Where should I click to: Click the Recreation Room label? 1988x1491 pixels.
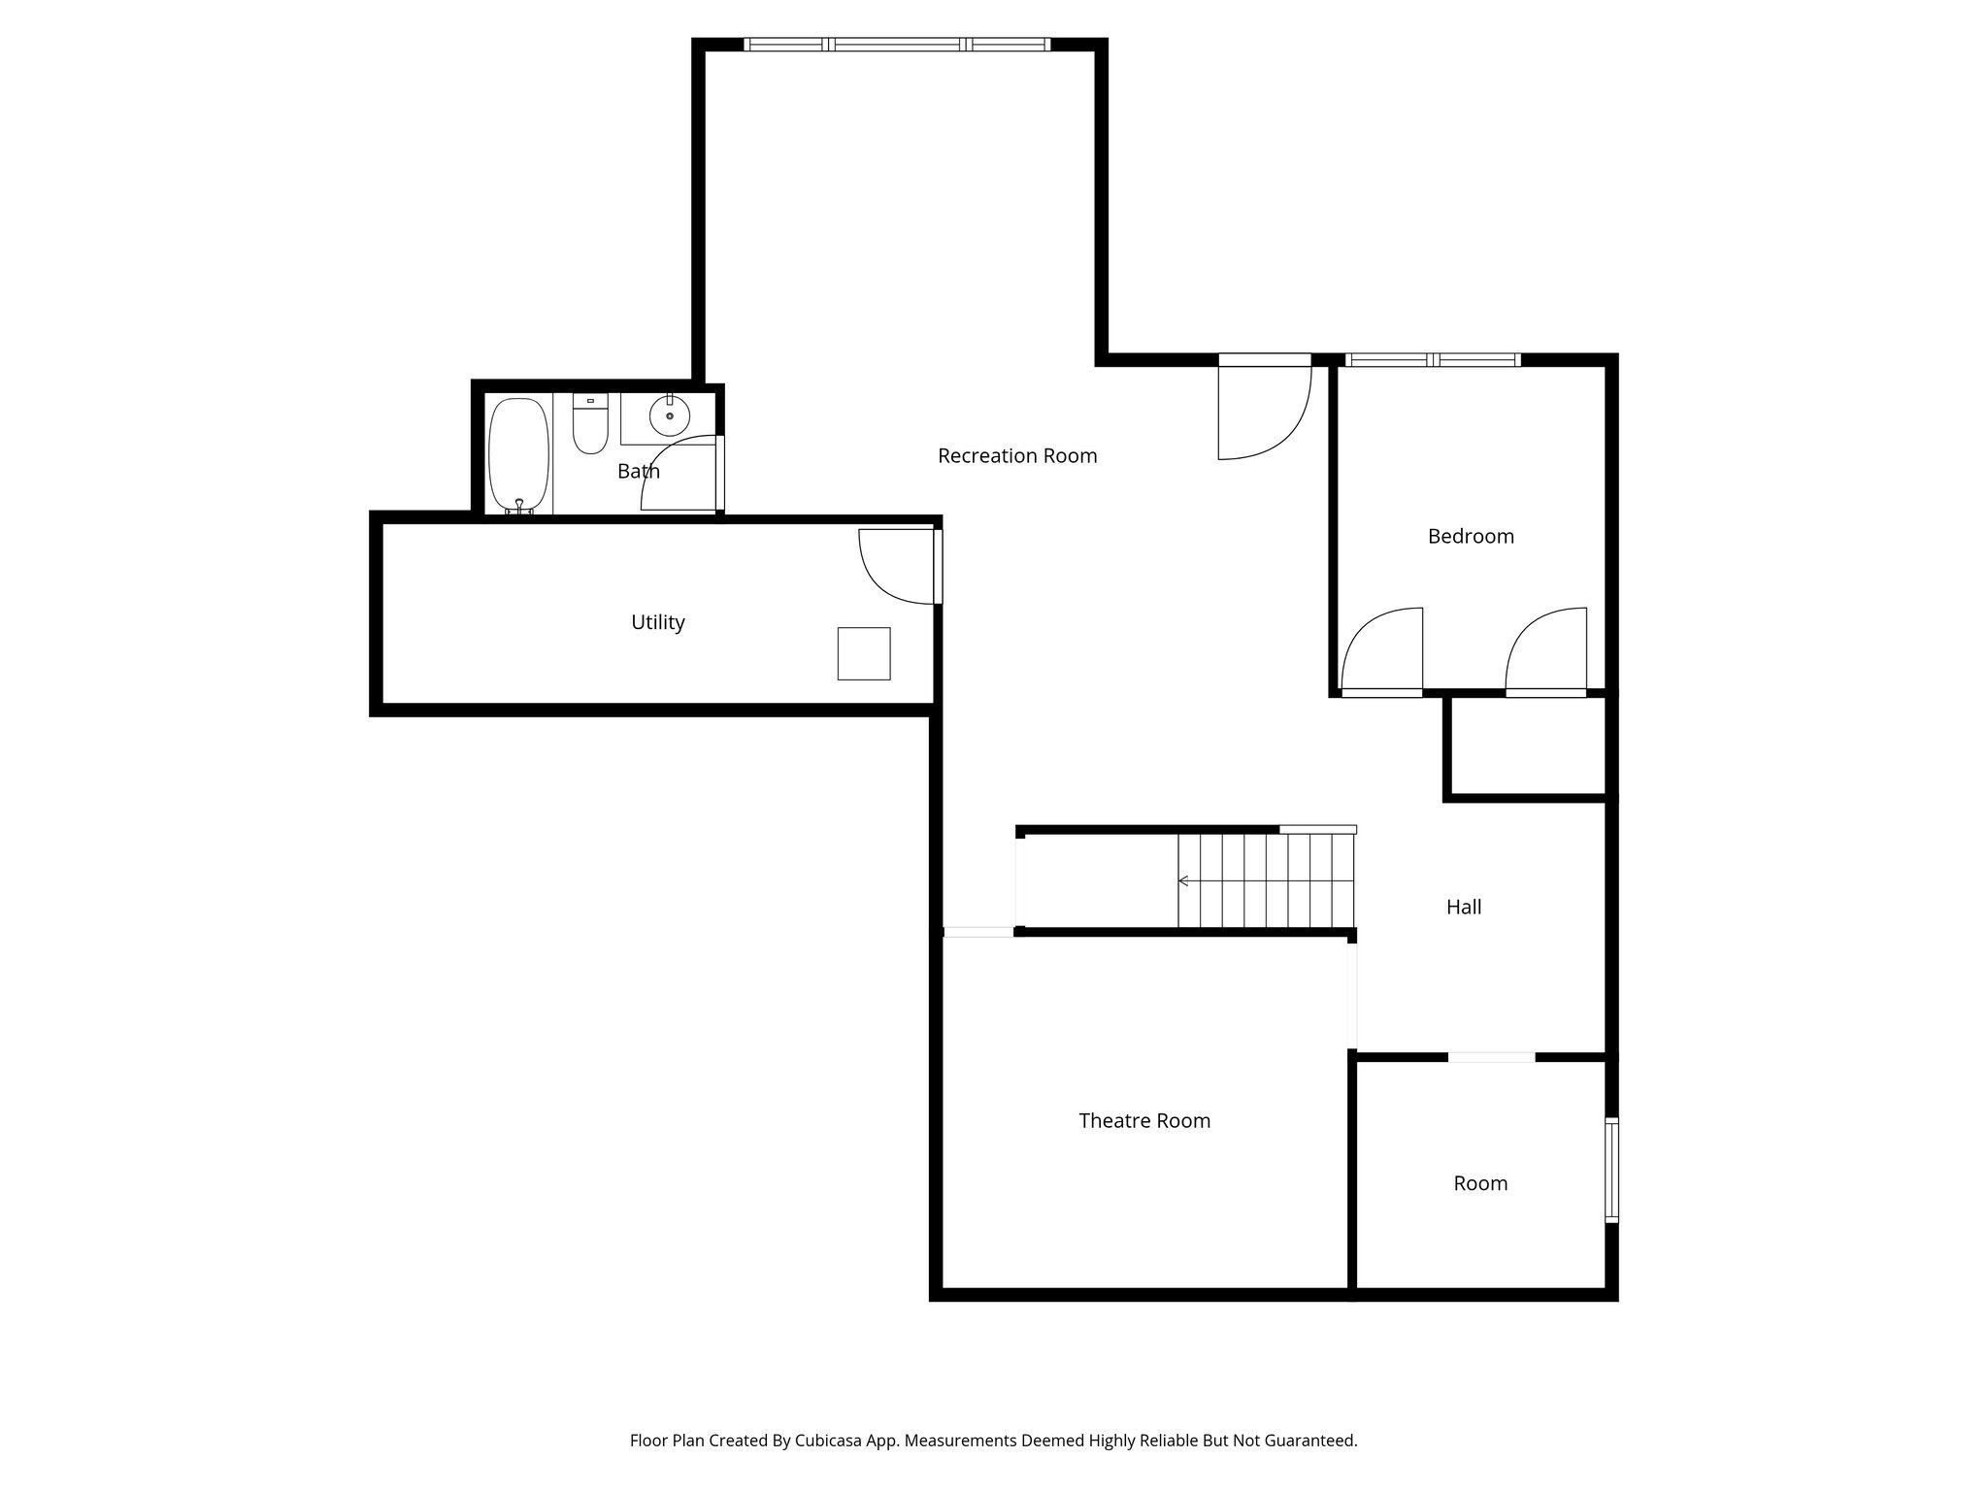click(x=1016, y=456)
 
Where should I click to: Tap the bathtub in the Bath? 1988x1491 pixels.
click(x=518, y=454)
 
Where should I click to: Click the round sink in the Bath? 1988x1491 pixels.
click(x=669, y=415)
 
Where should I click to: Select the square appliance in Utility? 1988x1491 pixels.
click(x=863, y=653)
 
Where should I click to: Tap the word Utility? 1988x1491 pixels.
click(x=657, y=622)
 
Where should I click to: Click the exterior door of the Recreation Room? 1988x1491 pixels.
click(x=1264, y=408)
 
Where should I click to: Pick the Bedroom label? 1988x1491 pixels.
click(x=1470, y=537)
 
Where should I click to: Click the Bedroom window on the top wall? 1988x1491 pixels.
click(x=1433, y=360)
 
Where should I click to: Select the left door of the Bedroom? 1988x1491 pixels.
click(x=1381, y=651)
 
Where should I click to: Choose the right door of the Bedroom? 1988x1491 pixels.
click(x=1546, y=651)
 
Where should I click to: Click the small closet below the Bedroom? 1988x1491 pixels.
click(x=1527, y=747)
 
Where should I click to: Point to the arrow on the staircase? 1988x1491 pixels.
click(x=1184, y=880)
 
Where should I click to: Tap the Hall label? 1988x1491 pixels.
click(x=1463, y=908)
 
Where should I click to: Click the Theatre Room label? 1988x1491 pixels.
click(x=1143, y=1121)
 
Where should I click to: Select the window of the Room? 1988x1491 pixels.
click(x=1611, y=1169)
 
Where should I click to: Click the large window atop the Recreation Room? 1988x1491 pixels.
click(x=897, y=45)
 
